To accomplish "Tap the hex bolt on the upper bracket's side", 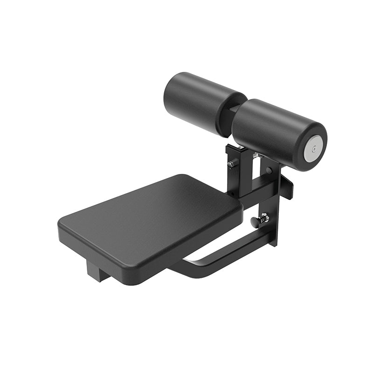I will [x=230, y=164].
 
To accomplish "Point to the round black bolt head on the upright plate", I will [x=269, y=171].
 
